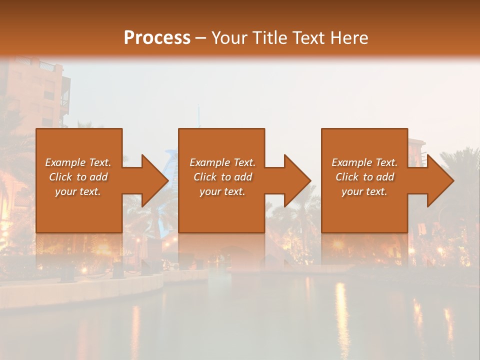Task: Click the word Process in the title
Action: (157, 38)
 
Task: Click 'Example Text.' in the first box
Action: (78, 162)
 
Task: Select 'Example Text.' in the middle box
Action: (222, 162)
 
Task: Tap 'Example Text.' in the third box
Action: (364, 162)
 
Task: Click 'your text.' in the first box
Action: (78, 191)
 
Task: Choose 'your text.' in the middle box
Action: (222, 191)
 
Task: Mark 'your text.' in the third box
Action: (364, 191)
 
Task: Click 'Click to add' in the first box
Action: (78, 177)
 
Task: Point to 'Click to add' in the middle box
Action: (222, 177)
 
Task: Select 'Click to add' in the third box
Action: (364, 177)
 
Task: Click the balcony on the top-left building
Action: (64, 100)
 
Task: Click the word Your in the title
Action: (228, 38)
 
